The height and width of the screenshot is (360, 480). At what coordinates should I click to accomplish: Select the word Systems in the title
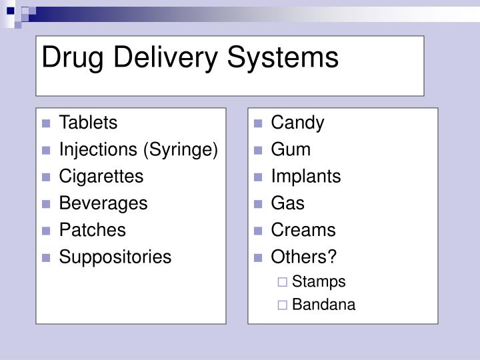point(284,58)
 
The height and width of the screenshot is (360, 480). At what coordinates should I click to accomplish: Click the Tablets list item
point(88,123)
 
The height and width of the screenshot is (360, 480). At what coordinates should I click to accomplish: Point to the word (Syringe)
point(181,150)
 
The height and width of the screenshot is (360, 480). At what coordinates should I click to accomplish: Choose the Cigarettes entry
point(101,177)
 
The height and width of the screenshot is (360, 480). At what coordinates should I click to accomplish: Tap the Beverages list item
point(103,203)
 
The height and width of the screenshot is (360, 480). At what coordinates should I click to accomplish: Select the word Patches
point(93,230)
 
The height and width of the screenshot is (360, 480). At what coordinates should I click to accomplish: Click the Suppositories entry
point(115,257)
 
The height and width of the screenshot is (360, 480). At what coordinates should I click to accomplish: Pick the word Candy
point(297,123)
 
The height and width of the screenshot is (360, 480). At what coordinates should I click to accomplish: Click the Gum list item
point(291,150)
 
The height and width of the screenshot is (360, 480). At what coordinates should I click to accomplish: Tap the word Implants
point(305,177)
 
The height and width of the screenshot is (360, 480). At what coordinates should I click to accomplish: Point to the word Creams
point(303,230)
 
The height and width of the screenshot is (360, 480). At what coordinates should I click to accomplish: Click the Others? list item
point(304,257)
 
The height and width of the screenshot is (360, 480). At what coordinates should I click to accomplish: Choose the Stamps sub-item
point(319,281)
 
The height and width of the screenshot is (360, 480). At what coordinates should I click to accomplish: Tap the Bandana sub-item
point(323,305)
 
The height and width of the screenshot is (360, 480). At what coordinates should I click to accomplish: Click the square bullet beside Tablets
point(47,124)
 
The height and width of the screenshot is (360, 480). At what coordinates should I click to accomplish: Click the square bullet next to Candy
point(259,124)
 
